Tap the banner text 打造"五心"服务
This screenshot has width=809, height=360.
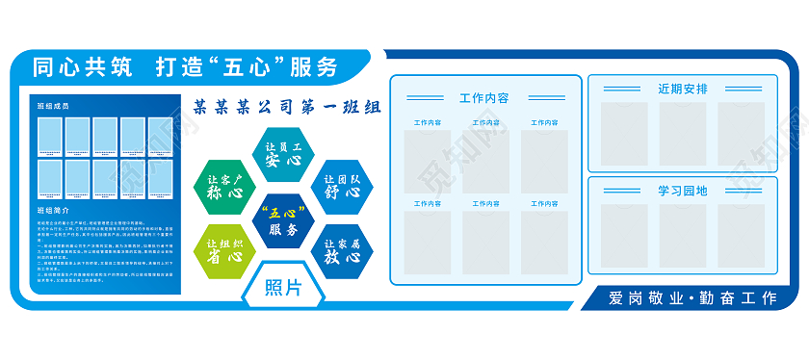(x=247, y=67)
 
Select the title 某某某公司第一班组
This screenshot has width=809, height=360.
(x=287, y=107)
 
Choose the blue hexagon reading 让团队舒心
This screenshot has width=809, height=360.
(x=342, y=186)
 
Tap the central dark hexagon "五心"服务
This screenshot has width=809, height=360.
(x=284, y=220)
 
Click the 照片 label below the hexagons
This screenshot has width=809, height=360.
(x=284, y=288)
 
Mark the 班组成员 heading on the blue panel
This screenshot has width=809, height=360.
(x=53, y=106)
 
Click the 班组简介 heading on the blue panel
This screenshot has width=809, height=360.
(x=53, y=209)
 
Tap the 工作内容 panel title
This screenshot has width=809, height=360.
(x=484, y=98)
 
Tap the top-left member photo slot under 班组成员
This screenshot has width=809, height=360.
(x=50, y=138)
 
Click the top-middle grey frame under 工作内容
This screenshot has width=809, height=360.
(x=485, y=161)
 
